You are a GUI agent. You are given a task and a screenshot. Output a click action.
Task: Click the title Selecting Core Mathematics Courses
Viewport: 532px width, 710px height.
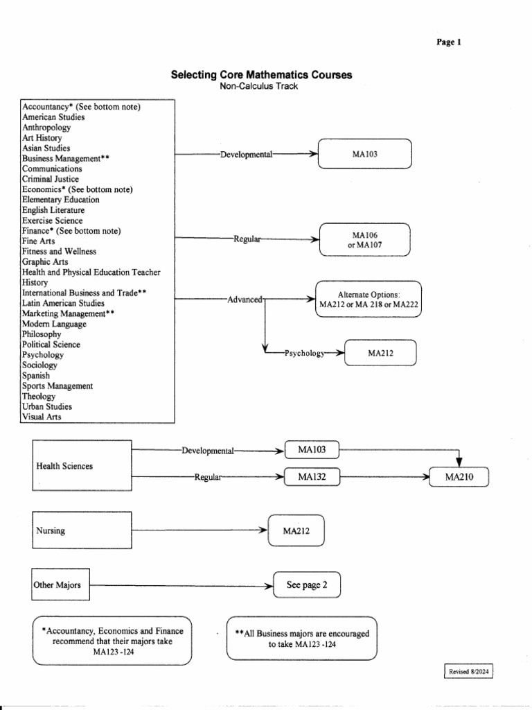coord(261,75)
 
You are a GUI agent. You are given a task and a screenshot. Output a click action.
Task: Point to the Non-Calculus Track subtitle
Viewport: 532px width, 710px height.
coord(261,86)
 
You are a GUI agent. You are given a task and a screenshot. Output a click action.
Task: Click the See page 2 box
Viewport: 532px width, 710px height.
coord(307,585)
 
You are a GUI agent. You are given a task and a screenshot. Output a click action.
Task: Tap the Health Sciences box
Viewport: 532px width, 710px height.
coord(81,466)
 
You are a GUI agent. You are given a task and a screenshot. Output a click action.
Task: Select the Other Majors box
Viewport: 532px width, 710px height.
coord(61,585)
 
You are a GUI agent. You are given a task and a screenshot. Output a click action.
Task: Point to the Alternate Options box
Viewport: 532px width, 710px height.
coord(369,299)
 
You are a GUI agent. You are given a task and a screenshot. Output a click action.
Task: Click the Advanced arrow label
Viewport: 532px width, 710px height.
coord(245,300)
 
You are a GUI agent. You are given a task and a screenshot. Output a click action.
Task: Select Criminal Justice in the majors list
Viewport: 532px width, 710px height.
coord(50,179)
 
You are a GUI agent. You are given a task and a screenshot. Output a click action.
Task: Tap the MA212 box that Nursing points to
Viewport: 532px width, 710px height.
coord(296,531)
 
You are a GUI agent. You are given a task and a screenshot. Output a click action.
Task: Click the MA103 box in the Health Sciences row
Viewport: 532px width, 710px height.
coord(312,451)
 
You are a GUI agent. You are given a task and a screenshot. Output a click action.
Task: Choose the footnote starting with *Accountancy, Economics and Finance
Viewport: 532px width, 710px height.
coord(112,641)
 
